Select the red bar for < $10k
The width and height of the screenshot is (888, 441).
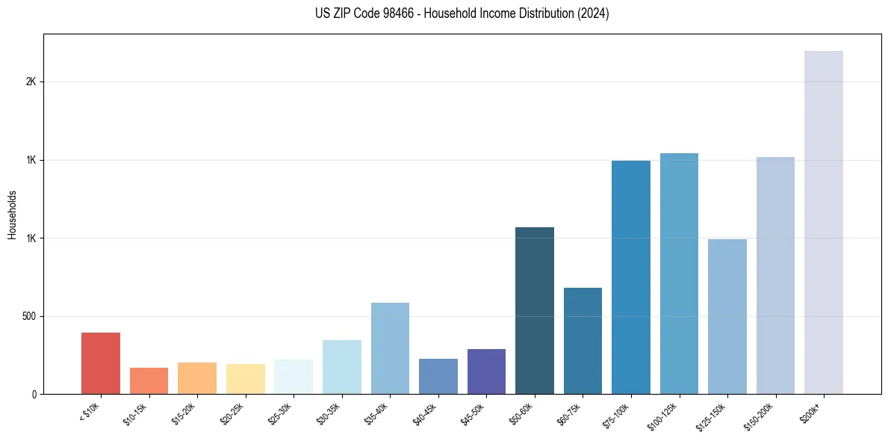click(101, 363)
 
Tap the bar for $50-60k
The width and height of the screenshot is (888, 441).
click(535, 310)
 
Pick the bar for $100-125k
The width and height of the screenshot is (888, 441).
click(679, 274)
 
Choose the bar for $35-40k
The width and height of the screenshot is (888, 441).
click(390, 348)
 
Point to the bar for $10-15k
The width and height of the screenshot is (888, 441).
click(149, 380)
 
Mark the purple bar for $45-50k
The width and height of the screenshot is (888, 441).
click(486, 371)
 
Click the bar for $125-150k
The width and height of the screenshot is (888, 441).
click(727, 316)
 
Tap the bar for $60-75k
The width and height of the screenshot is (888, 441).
click(583, 341)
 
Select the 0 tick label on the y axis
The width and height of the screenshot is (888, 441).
click(34, 394)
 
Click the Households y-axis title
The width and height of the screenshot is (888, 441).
click(12, 215)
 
